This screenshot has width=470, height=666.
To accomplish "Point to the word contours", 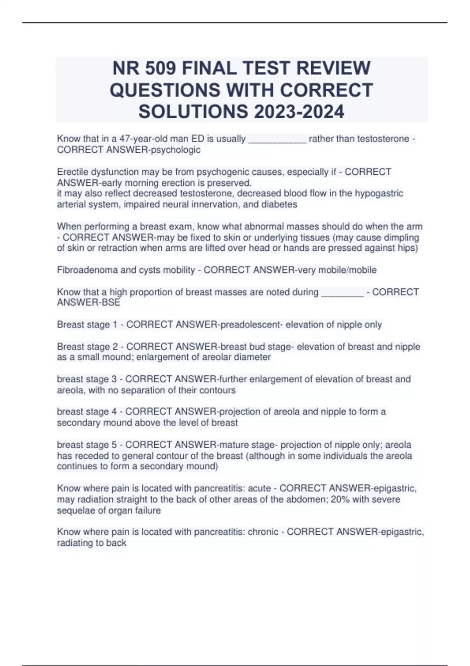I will coord(217,390).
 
